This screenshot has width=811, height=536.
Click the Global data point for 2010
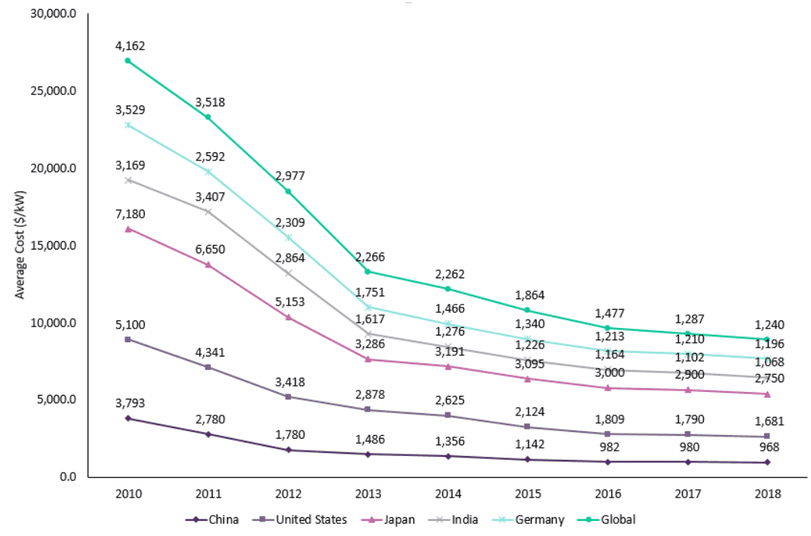coord(128,60)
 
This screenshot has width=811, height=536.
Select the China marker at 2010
coord(128,418)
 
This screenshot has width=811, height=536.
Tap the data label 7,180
coord(131,214)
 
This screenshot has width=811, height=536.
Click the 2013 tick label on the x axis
coord(367,495)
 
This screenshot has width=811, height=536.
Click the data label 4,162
coord(131,46)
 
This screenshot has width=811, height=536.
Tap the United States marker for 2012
coord(288,397)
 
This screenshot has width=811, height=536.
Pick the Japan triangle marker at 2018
coord(767,394)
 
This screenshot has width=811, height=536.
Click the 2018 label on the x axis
coord(767,495)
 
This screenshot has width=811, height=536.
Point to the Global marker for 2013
coord(367,271)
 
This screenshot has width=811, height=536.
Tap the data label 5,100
coord(131,325)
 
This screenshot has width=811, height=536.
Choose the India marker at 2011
coord(208,211)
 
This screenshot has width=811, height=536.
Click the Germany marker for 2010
coord(128,125)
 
